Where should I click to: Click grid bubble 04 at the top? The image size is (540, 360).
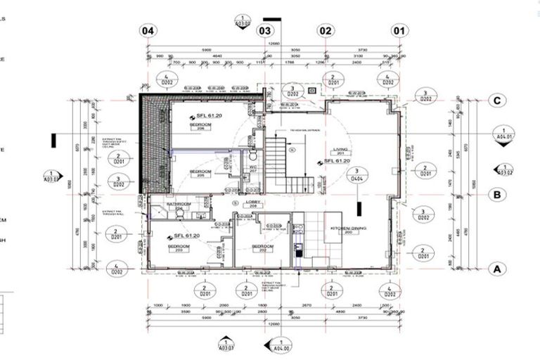pos(148,31)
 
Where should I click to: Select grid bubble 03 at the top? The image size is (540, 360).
pos(264,31)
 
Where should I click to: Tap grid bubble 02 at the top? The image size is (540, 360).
pos(325,31)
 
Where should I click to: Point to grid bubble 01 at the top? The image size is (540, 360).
pos(399,31)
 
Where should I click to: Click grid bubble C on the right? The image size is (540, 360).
pos(496,101)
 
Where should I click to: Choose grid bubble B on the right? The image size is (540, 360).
pos(496,195)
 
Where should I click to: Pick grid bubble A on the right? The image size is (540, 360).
pos(496,268)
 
